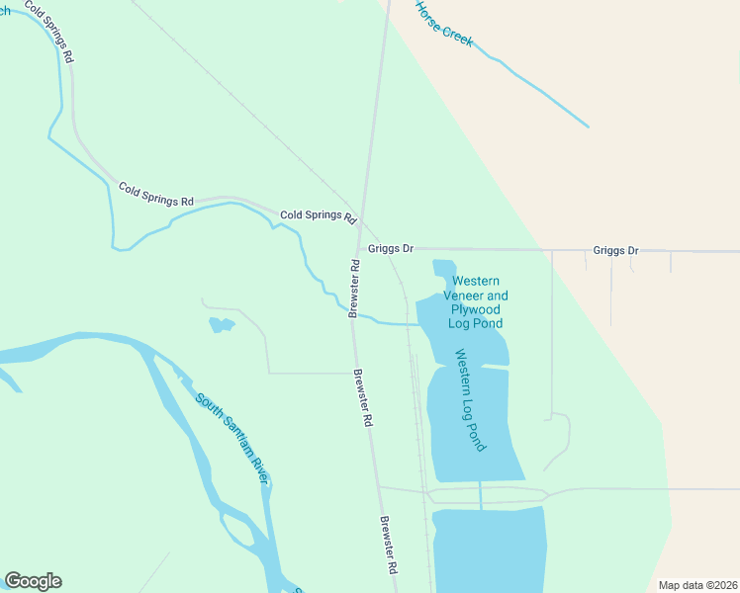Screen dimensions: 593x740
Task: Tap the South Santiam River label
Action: [232, 438]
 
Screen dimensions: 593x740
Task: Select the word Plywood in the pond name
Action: [476, 309]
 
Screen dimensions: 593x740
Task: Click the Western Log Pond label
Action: [472, 400]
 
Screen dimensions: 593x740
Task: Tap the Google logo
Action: [33, 581]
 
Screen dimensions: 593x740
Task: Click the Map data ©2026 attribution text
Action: [697, 585]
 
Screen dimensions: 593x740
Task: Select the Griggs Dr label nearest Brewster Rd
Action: [390, 249]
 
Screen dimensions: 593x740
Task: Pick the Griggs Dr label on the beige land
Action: [615, 251]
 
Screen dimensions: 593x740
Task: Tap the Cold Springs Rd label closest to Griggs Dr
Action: [318, 215]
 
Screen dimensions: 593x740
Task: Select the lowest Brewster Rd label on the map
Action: [389, 545]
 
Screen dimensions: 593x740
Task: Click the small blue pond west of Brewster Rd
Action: [222, 324]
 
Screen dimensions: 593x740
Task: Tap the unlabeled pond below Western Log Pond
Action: [490, 549]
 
